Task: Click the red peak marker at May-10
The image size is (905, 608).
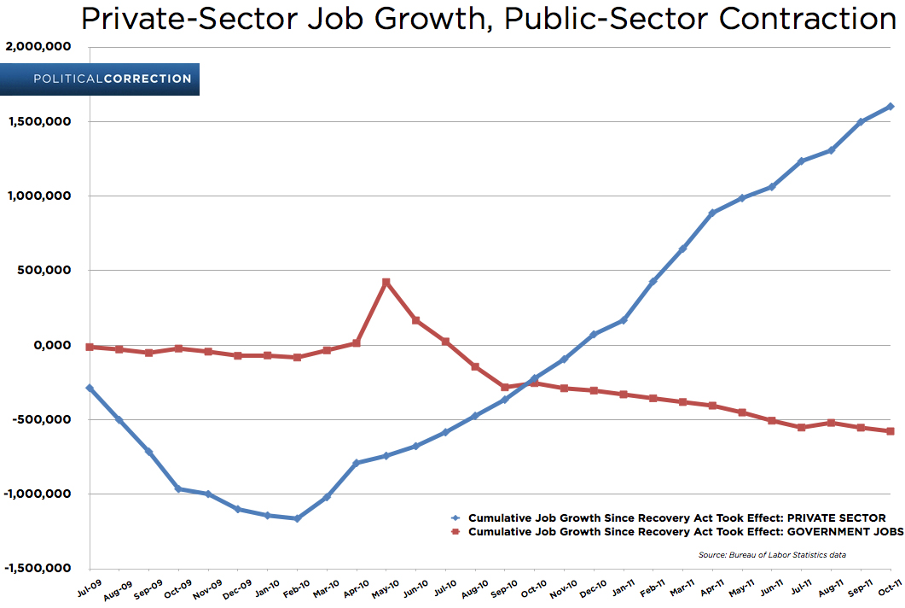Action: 386,282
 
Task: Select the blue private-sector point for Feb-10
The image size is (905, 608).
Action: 297,518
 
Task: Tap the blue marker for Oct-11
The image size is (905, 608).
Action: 890,107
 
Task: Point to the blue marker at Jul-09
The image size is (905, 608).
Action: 90,388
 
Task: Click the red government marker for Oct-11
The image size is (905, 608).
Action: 890,431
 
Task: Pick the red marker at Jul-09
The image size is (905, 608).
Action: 90,347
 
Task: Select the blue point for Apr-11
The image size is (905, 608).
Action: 712,213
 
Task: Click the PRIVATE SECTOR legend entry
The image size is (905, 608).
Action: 669,517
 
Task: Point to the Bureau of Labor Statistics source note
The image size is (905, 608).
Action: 771,554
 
